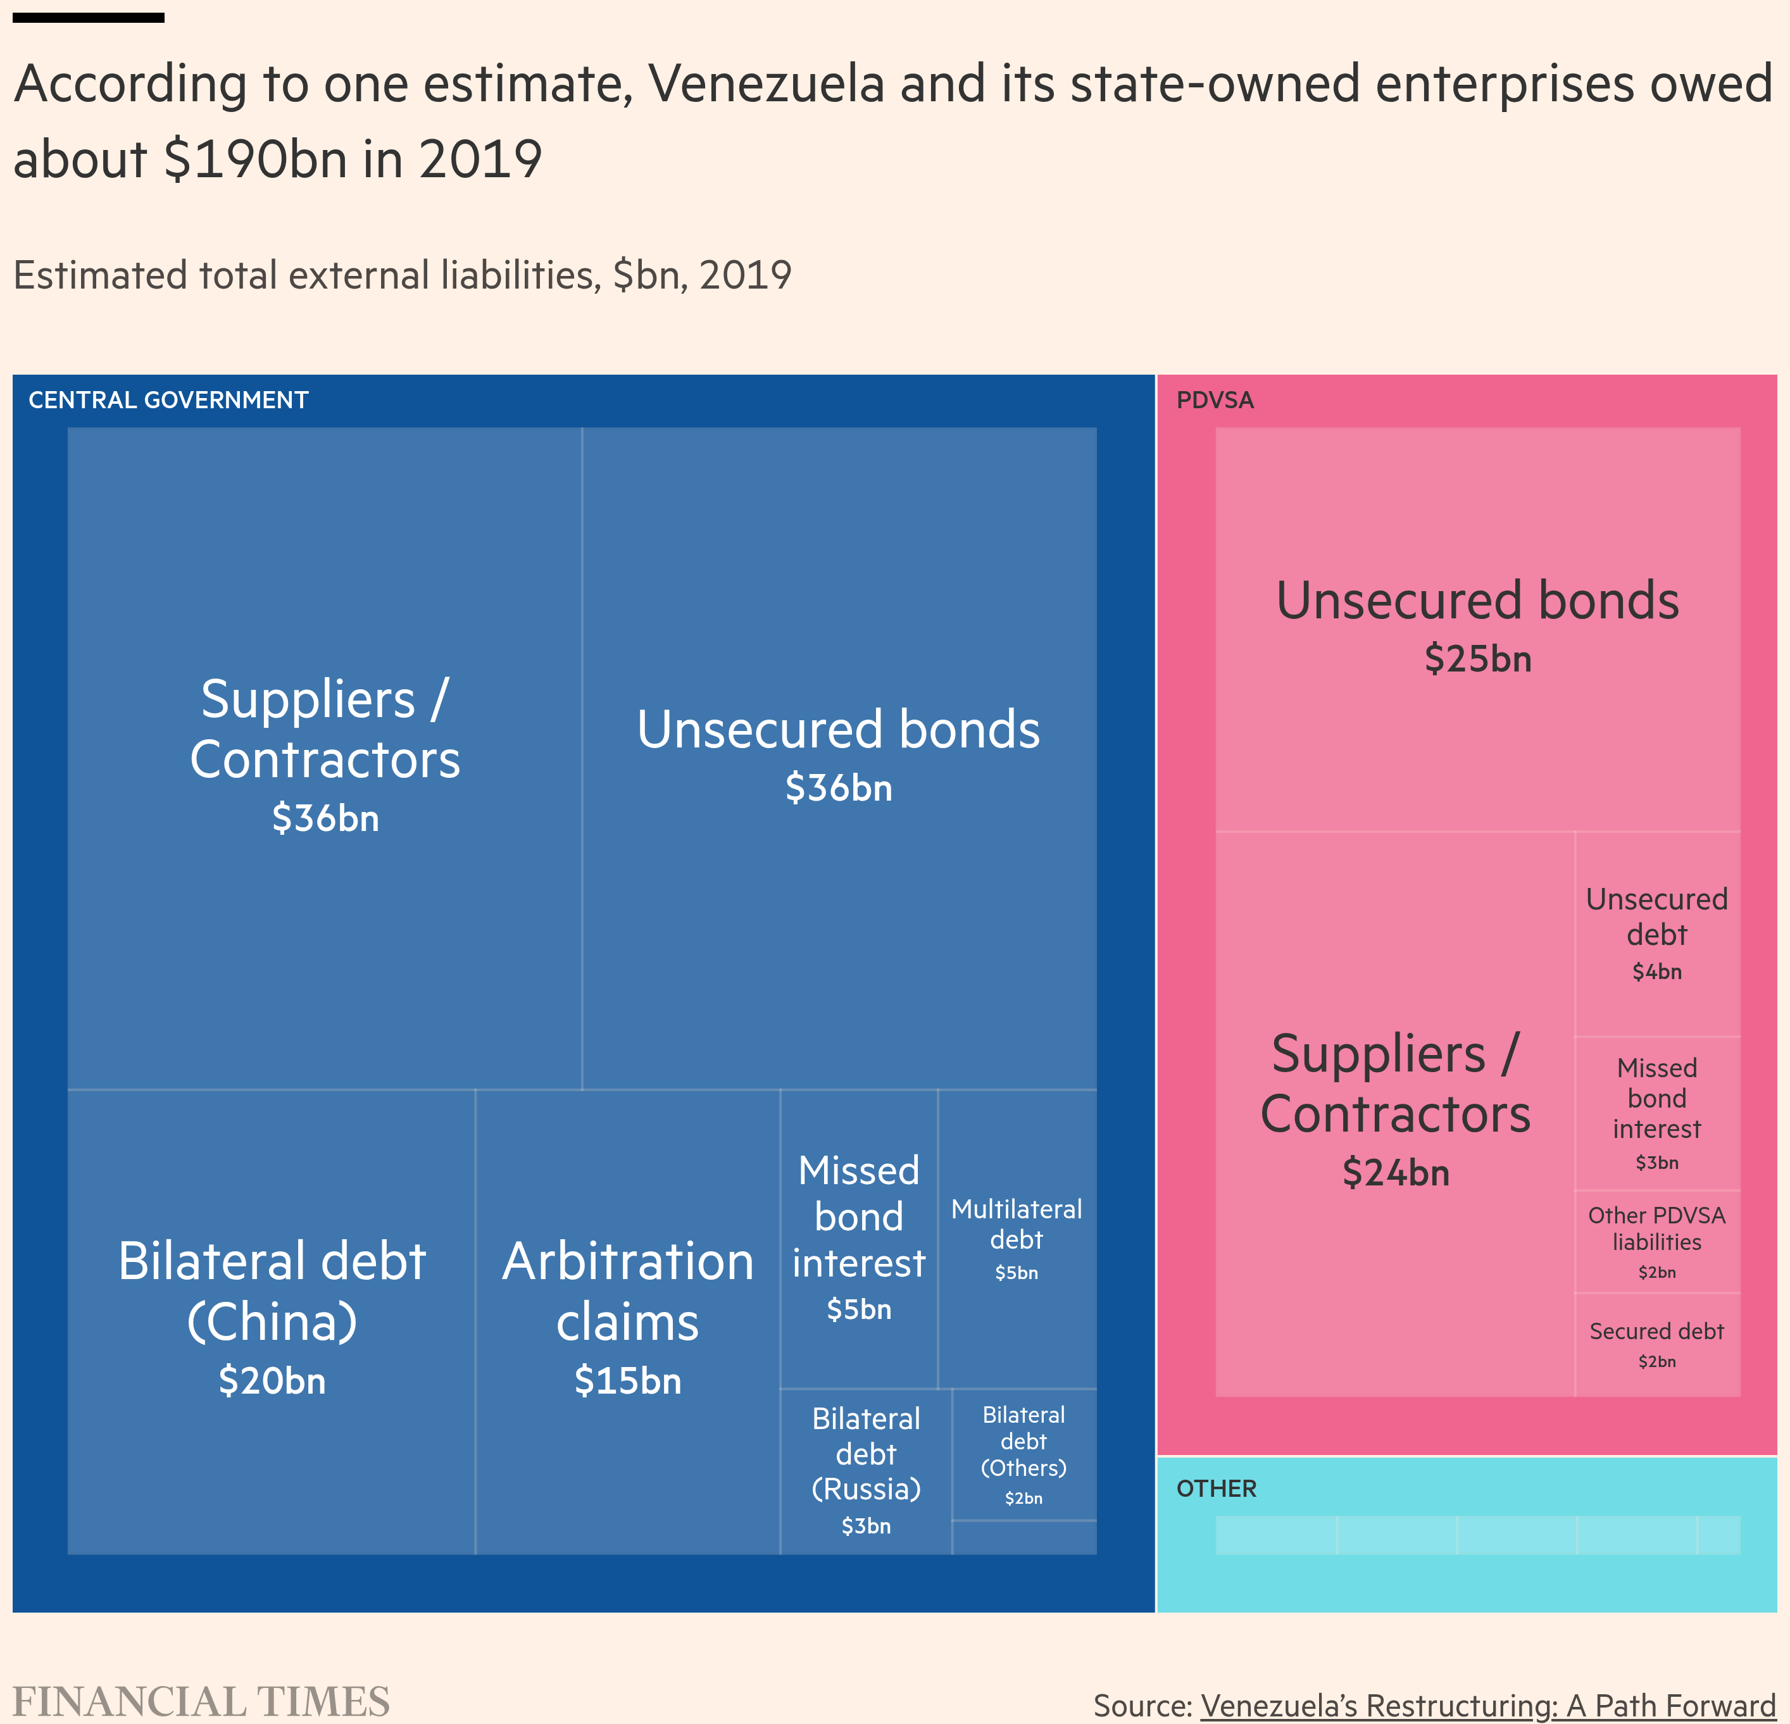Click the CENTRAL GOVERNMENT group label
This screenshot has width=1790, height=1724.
[x=168, y=400]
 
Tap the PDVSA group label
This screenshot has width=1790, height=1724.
[x=1215, y=400]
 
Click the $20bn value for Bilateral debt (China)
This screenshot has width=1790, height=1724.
[x=272, y=1381]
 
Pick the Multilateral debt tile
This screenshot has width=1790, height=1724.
[x=1017, y=1238]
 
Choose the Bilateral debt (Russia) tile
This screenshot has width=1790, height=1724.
[x=866, y=1470]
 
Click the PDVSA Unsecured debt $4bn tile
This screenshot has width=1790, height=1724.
[x=1656, y=934]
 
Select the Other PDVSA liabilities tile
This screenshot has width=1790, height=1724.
[x=1656, y=1241]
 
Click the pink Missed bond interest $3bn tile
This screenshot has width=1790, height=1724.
[x=1656, y=1112]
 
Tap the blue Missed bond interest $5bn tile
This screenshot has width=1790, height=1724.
[x=858, y=1238]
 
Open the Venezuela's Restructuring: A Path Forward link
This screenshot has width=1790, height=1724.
[x=1487, y=1706]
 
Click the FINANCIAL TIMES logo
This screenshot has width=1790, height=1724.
[x=201, y=1702]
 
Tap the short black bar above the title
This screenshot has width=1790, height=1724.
[x=89, y=17]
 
